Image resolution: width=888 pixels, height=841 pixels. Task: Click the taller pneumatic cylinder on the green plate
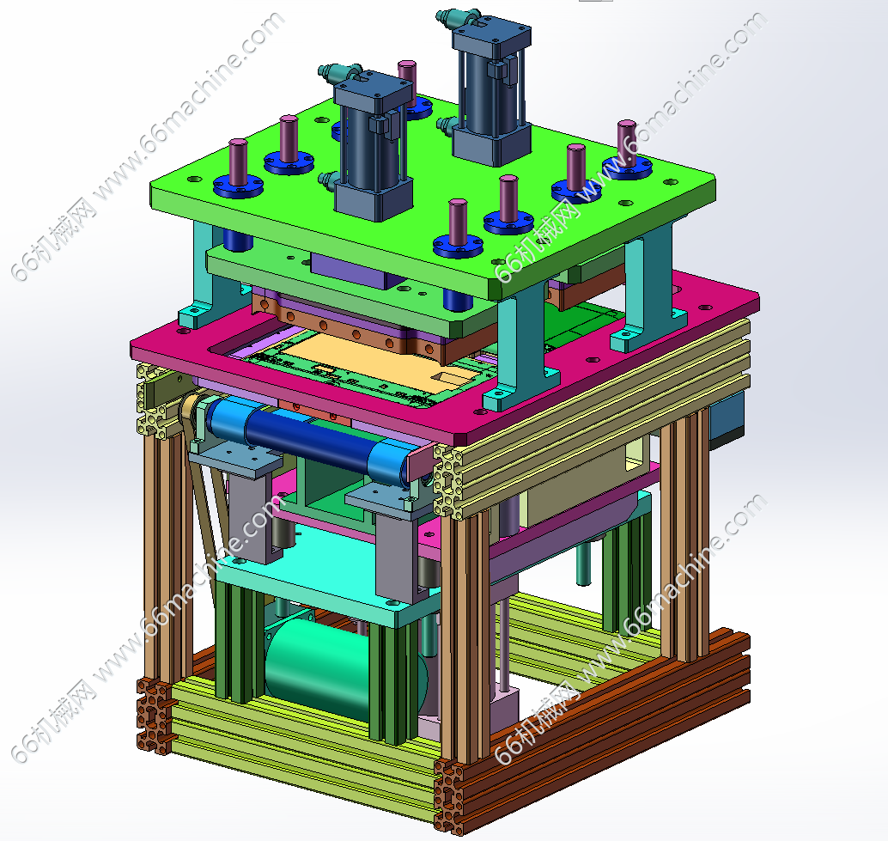(x=491, y=90)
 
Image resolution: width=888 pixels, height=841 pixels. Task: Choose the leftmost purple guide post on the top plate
(x=238, y=162)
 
